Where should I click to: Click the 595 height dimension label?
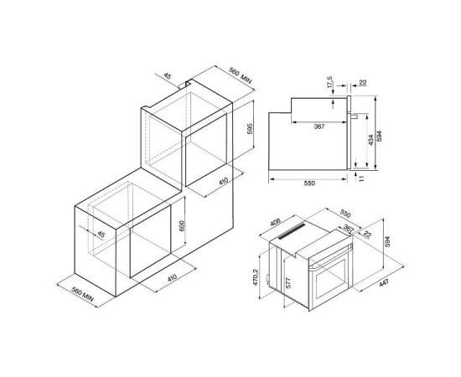[x=250, y=129]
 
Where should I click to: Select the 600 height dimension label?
[x=182, y=225]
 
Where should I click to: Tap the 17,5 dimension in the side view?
[x=329, y=82]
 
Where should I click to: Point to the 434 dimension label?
[x=371, y=140]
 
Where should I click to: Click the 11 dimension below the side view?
[x=361, y=178]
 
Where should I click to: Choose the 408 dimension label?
[x=276, y=223]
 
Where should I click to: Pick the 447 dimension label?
[x=384, y=283]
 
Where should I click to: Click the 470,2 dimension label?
[x=255, y=277]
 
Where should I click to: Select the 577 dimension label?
[x=288, y=283]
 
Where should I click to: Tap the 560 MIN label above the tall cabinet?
[x=241, y=76]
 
